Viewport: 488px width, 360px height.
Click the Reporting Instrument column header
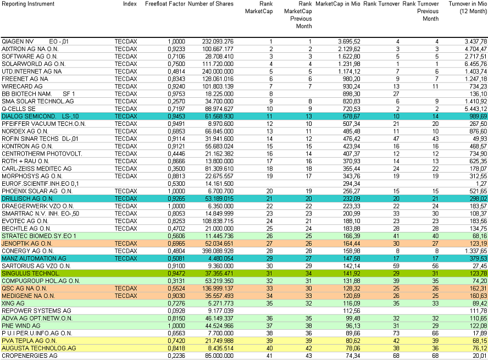[x=28, y=4]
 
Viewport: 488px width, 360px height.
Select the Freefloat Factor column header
[x=165, y=4]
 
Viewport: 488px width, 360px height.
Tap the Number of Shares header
[x=210, y=4]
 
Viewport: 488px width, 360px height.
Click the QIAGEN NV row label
[x=18, y=41]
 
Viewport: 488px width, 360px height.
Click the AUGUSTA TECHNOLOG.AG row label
[x=38, y=348]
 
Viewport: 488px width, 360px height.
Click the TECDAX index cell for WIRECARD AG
[x=126, y=86]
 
